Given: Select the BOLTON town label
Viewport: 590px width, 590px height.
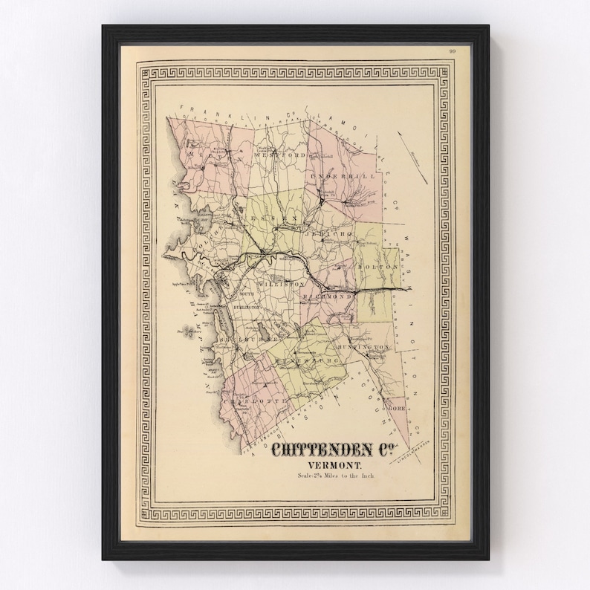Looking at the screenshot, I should (x=377, y=265).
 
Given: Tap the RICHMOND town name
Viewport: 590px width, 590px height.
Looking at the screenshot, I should (x=327, y=296).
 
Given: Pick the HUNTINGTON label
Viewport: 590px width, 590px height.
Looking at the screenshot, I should (x=363, y=347).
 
